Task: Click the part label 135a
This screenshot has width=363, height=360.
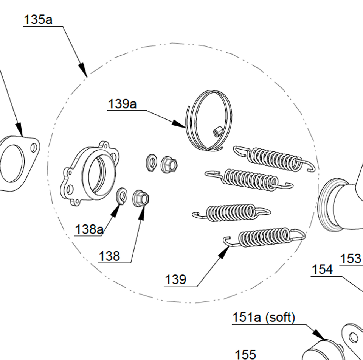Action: [x=38, y=19]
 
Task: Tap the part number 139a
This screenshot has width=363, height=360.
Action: [x=122, y=104]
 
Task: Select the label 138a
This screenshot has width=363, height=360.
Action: [x=89, y=229]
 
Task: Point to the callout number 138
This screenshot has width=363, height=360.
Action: [x=109, y=256]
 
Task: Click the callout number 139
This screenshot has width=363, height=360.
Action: [x=175, y=280]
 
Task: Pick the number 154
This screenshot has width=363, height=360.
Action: [x=323, y=270]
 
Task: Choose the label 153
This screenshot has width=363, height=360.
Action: [x=351, y=259]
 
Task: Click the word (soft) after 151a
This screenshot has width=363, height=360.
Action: [x=280, y=317]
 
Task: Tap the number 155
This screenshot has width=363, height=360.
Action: [x=246, y=355]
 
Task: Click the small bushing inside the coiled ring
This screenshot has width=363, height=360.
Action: [x=218, y=132]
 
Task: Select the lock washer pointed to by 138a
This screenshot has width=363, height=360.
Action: [x=121, y=196]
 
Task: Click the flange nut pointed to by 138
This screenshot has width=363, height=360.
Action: [x=141, y=198]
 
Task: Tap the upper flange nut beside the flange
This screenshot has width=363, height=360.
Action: [x=169, y=164]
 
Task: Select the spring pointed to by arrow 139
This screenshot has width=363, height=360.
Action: [x=264, y=237]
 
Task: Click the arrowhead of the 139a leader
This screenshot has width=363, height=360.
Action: [x=179, y=124]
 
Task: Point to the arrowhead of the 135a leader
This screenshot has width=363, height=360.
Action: [x=83, y=70]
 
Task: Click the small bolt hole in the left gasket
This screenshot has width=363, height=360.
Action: [x=34, y=148]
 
